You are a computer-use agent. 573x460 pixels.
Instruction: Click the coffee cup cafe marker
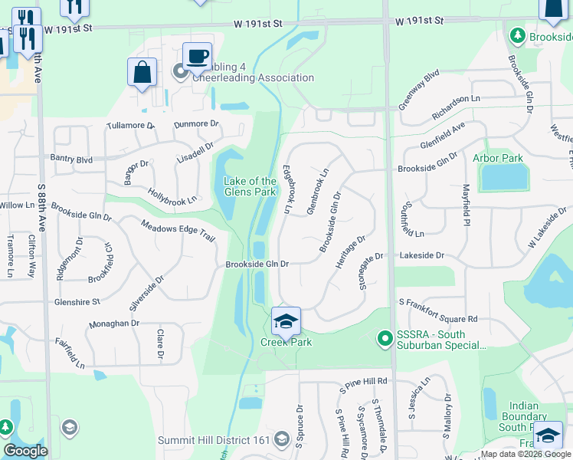198,56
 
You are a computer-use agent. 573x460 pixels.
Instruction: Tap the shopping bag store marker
142,73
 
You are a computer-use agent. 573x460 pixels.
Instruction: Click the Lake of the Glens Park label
249,186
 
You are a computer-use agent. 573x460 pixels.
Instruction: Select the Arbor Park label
497,158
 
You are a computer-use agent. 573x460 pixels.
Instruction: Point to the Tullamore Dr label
131,124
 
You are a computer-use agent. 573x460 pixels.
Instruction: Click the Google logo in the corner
25,451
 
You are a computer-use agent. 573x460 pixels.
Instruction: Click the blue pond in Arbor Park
504,178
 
